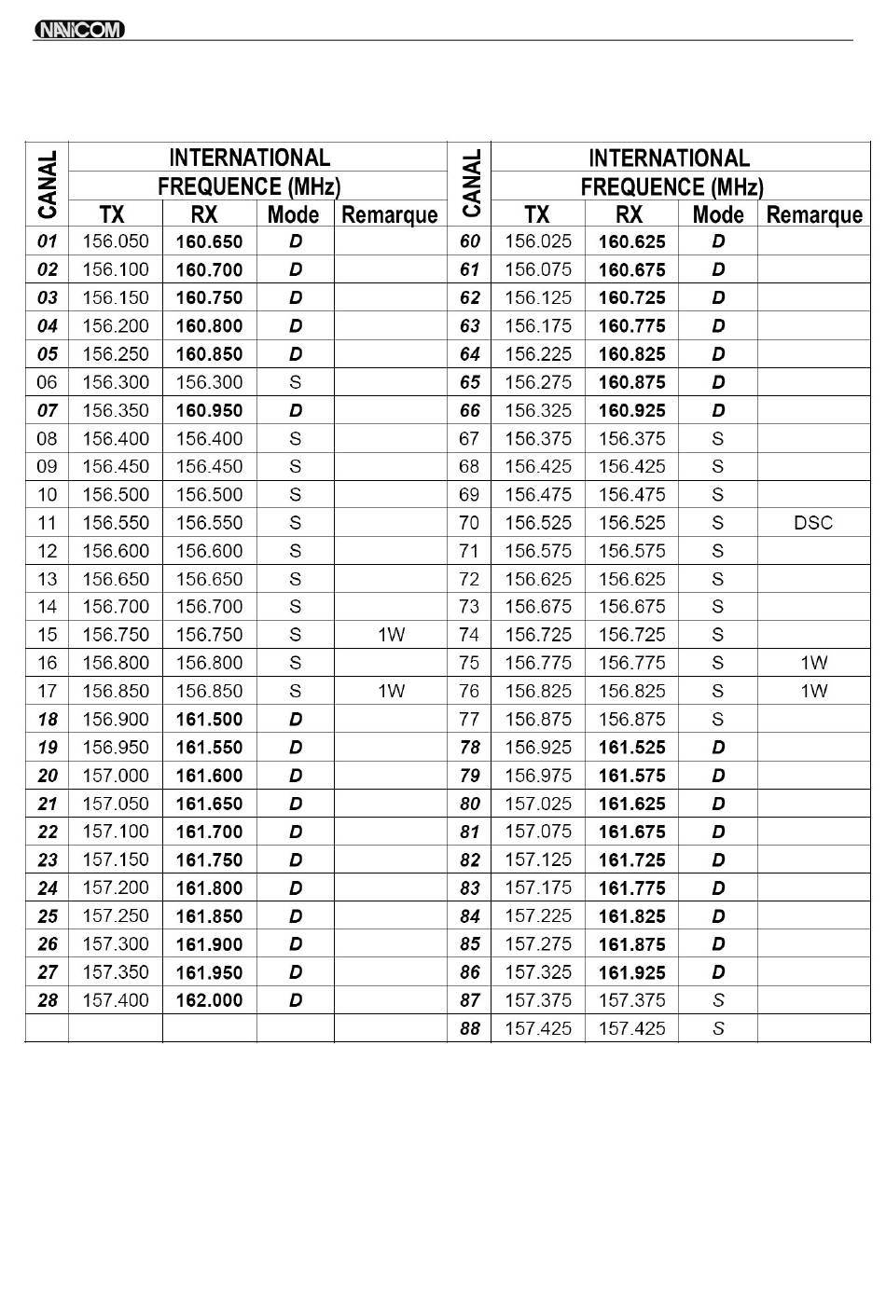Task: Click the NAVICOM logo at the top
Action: (x=79, y=30)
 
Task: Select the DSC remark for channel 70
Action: (x=812, y=523)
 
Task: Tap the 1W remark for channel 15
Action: (x=391, y=635)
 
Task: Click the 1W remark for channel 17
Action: (x=391, y=691)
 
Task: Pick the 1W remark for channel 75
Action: (x=813, y=663)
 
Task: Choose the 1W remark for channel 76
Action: (x=813, y=691)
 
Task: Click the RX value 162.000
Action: (x=209, y=1000)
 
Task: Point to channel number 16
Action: (x=47, y=663)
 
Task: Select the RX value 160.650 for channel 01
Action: (x=209, y=241)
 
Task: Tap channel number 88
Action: (x=469, y=1028)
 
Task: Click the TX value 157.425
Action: (x=538, y=1028)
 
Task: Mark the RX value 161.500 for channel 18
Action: (x=209, y=720)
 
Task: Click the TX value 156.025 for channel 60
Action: (x=538, y=241)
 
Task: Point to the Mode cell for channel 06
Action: (x=295, y=382)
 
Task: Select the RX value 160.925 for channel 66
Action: (x=631, y=410)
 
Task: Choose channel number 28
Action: (x=47, y=1000)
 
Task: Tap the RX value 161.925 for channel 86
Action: (x=631, y=972)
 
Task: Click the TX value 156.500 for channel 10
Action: (x=116, y=495)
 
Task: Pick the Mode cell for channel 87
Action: (x=717, y=1000)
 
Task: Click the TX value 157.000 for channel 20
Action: (x=116, y=776)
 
